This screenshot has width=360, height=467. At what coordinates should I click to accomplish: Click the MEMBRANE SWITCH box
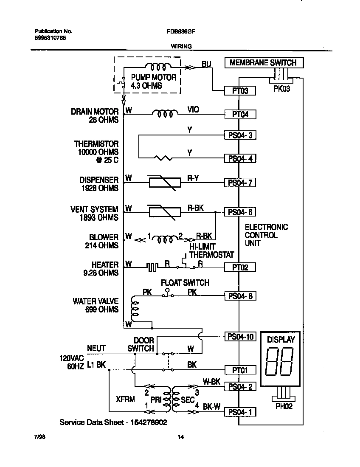point(263,63)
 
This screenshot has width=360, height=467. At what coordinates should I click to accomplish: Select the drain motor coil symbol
point(166,114)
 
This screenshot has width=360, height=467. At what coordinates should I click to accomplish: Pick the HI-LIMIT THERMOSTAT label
point(211,251)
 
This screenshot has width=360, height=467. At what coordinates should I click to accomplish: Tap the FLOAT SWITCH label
point(185,283)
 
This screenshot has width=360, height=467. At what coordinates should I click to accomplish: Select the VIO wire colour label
point(193,110)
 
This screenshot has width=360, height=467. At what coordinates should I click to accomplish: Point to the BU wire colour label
point(206,64)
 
